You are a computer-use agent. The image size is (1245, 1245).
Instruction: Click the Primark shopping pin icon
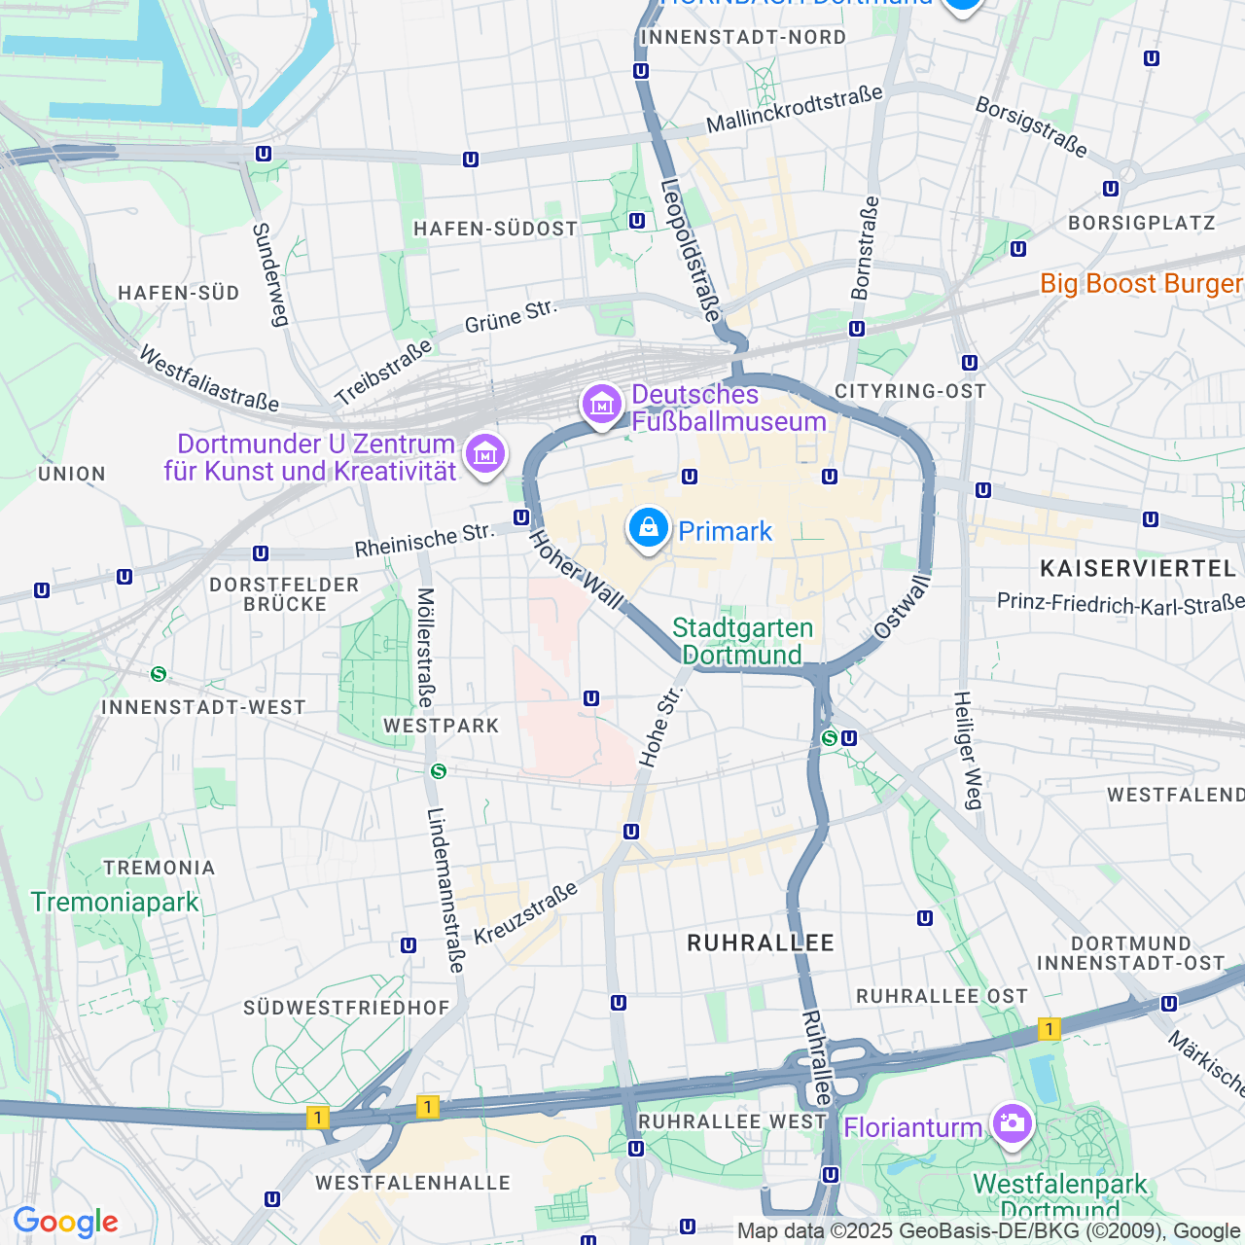click(648, 528)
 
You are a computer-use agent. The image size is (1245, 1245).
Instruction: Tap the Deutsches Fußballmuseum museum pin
click(601, 403)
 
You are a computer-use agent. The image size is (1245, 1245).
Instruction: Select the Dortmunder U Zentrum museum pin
click(485, 452)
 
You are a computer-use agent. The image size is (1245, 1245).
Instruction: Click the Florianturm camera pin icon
click(1012, 1124)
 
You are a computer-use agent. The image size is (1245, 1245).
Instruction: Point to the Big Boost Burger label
click(1141, 284)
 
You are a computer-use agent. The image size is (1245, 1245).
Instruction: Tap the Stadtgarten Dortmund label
click(742, 641)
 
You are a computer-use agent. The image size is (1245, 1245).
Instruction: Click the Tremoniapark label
click(115, 903)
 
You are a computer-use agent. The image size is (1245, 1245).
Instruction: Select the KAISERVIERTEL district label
click(1137, 568)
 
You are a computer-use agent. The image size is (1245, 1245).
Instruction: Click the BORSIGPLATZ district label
click(1141, 223)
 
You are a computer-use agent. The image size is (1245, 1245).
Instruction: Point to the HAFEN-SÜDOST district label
click(495, 229)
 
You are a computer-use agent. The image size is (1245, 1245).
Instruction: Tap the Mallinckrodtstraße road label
click(794, 109)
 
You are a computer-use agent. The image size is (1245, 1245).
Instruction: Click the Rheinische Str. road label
click(424, 542)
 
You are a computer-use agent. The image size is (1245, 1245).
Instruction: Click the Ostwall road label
click(903, 606)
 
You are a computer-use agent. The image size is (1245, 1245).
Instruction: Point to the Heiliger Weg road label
click(968, 750)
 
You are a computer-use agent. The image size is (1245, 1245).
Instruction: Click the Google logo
click(65, 1222)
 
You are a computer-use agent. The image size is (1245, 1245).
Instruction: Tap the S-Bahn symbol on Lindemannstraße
click(439, 771)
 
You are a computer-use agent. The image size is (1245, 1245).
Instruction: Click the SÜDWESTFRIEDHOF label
click(346, 1008)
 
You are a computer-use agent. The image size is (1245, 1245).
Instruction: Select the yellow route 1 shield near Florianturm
click(1049, 1028)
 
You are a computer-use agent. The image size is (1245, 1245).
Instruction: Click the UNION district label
click(72, 474)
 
